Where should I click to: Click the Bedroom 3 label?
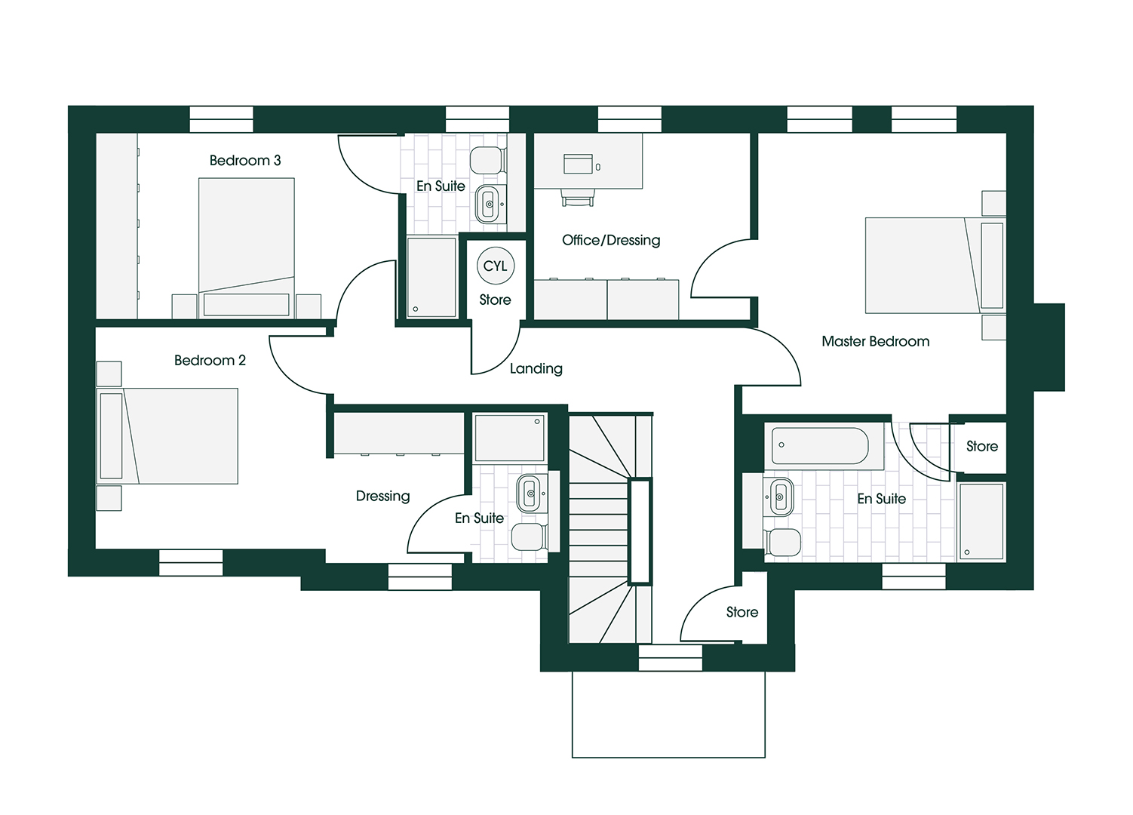245,161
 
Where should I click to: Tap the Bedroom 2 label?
210,361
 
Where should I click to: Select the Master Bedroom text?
875,342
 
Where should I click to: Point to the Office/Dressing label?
611,241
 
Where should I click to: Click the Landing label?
536,369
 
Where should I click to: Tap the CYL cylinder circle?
496,266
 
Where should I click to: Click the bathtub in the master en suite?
820,445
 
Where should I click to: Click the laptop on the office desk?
579,164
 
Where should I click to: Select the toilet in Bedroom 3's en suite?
487,160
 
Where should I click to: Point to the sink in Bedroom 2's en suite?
530,494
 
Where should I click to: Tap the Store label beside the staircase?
742,613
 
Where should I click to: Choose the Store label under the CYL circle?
495,300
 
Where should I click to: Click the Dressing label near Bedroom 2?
383,497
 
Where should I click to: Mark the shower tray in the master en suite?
981,521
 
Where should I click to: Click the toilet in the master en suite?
782,542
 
